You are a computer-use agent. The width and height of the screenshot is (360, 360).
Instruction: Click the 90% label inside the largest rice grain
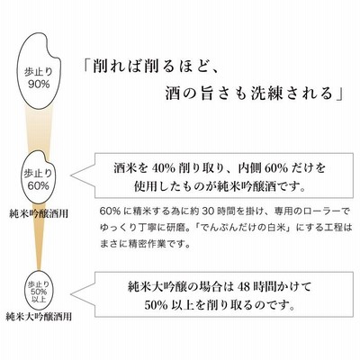click(39, 85)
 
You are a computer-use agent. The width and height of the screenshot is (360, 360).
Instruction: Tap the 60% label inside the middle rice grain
click(39, 185)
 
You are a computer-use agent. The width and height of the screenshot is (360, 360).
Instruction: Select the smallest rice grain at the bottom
click(39, 290)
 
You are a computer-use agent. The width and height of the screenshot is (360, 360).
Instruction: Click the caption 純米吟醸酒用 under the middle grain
click(39, 214)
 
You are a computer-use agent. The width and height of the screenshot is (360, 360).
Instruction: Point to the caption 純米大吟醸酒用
click(39, 317)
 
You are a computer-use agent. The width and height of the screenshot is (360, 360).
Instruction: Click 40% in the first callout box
click(163, 168)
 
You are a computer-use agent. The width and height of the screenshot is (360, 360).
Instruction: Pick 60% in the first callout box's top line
click(276, 168)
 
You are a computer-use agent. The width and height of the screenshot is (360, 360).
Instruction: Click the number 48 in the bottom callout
click(243, 287)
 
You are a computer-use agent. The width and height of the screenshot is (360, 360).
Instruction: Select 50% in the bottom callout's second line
click(156, 305)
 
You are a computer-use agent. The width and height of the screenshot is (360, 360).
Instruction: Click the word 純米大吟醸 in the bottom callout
click(155, 287)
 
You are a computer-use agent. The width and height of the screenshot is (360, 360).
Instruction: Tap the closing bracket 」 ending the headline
click(339, 94)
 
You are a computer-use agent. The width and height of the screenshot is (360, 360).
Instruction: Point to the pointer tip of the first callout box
click(70, 175)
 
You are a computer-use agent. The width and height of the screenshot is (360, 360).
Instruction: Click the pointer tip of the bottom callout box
click(71, 294)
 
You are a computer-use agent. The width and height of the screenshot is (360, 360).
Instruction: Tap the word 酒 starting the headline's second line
click(173, 94)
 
